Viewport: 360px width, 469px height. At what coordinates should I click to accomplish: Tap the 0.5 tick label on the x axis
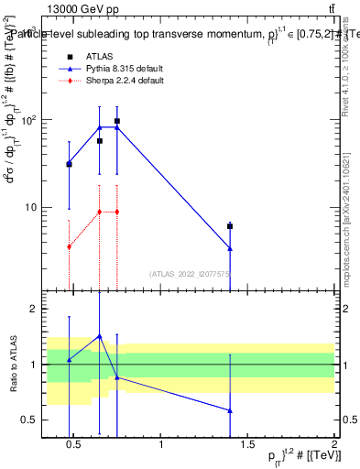click(x=74, y=445)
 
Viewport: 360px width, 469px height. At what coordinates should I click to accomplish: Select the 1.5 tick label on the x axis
click(x=247, y=445)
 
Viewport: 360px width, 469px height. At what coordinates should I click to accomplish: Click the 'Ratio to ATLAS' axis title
click(x=13, y=365)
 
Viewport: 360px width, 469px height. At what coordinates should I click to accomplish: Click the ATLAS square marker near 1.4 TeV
click(x=230, y=226)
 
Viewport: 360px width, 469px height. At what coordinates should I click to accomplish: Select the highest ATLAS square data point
click(x=117, y=121)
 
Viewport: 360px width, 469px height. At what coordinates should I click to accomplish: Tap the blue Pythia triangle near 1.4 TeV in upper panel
click(x=230, y=248)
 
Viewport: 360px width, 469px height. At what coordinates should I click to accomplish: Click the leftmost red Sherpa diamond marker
click(x=69, y=246)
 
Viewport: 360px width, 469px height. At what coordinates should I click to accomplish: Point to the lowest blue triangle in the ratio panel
click(x=230, y=410)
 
